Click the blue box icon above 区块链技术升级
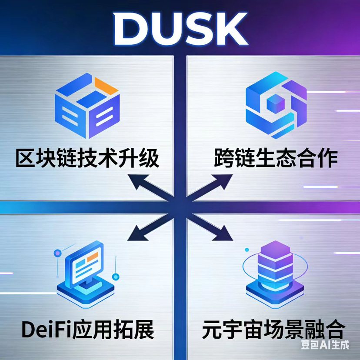click(87, 106)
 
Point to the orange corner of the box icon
click(106, 86)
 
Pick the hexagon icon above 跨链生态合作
click(276, 104)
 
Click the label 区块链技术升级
click(87, 159)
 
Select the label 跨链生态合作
click(276, 159)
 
